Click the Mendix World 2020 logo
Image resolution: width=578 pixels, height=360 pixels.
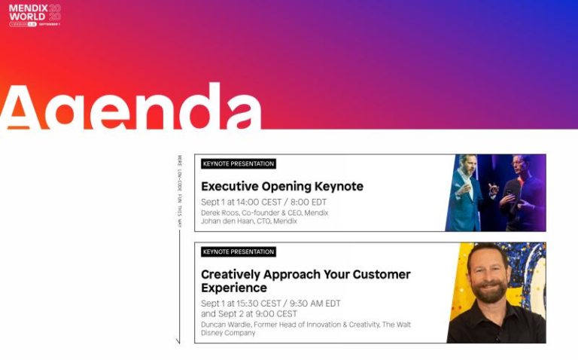[x=35, y=15]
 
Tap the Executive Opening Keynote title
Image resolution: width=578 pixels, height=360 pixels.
[x=281, y=186]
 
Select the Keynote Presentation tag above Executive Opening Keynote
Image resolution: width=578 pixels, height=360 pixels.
[x=239, y=163]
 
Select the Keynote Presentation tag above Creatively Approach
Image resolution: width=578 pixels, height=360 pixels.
[x=239, y=252]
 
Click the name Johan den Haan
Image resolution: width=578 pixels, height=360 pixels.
[x=227, y=221]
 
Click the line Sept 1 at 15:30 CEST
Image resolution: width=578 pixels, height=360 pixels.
[x=242, y=304]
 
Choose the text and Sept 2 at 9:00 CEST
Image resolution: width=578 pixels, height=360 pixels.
[x=248, y=313]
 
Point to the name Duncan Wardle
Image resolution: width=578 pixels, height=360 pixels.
[x=226, y=325]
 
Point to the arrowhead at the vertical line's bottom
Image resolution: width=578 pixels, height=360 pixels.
[x=178, y=341]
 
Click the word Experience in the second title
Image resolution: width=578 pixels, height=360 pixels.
[x=233, y=288]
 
